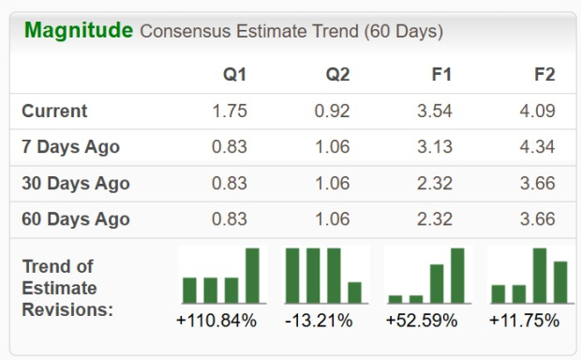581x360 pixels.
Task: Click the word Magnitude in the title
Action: click(78, 30)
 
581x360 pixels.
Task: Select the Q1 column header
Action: click(234, 75)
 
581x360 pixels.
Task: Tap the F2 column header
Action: click(544, 75)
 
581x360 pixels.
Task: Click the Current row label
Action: click(54, 111)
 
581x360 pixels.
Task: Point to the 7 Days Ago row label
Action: click(70, 147)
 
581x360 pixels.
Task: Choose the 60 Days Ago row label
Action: click(75, 219)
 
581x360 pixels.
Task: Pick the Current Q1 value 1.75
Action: click(230, 111)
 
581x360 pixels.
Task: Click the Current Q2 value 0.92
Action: click(332, 111)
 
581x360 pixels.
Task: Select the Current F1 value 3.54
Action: click(435, 111)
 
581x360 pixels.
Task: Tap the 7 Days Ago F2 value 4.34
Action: click(537, 147)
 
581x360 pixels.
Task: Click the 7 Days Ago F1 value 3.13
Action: click(435, 147)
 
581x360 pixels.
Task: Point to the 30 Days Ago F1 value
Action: click(435, 183)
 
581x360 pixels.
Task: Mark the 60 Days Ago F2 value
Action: click(537, 219)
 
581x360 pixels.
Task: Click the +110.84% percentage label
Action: click(216, 321)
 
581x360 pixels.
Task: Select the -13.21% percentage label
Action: click(319, 321)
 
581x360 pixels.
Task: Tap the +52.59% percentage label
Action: click(422, 321)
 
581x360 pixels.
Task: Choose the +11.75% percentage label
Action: click(524, 321)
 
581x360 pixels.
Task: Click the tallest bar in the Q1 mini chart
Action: click(252, 276)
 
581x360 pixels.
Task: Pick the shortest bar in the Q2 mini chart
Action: click(355, 292)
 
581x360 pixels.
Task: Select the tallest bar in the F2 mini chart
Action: click(540, 276)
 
